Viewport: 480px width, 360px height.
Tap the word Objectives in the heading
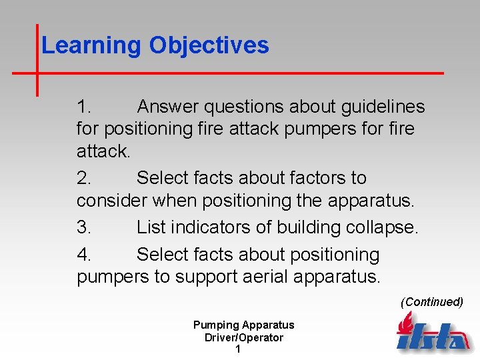[209, 45]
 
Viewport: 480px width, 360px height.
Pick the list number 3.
[84, 227]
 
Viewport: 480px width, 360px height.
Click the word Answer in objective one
[168, 107]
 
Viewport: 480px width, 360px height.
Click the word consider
[112, 201]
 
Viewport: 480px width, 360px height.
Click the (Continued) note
[431, 302]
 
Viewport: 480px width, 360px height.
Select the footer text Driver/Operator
[243, 337]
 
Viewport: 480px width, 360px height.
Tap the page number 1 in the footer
[238, 349]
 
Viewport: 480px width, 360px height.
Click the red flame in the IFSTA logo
[404, 325]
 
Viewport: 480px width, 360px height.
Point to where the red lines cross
[37, 72]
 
